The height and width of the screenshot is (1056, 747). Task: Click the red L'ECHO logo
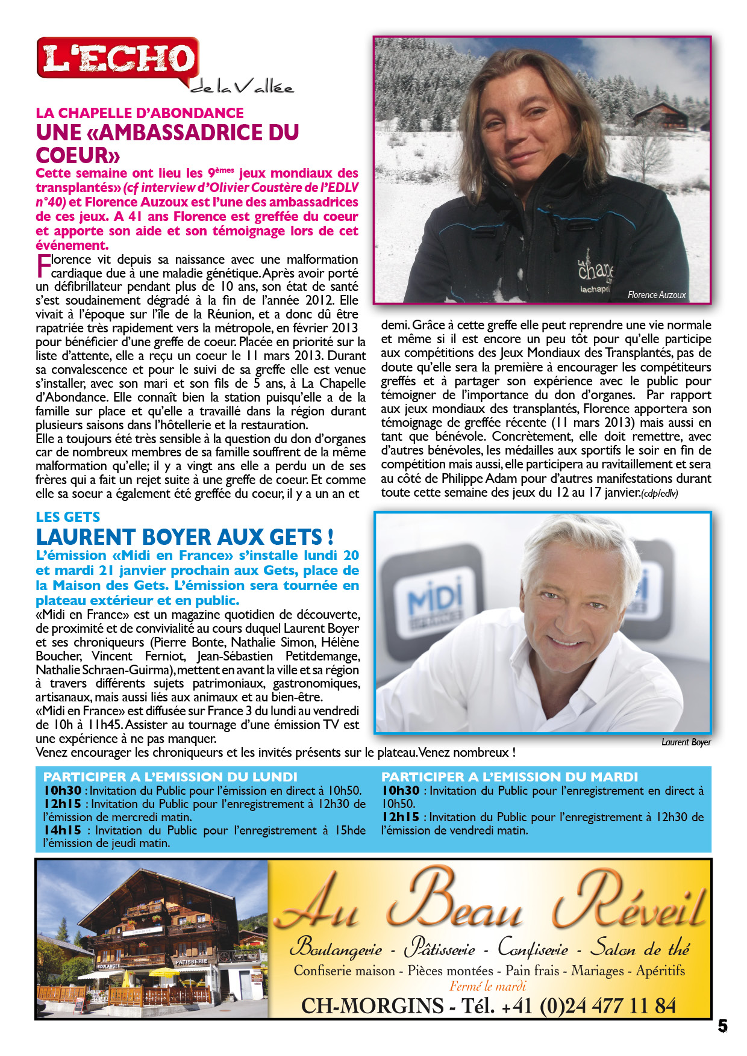[118, 58]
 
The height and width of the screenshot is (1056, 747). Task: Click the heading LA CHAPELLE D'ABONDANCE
[140, 113]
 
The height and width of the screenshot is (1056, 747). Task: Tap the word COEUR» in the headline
[78, 155]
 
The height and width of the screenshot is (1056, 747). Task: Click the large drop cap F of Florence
[43, 266]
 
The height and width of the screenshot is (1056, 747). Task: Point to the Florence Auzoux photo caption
[657, 295]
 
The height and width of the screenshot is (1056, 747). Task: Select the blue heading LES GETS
[68, 517]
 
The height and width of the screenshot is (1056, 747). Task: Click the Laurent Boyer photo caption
[686, 742]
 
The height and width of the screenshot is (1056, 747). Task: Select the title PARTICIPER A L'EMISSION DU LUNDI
[170, 777]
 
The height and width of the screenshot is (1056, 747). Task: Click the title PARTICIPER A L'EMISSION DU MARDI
[509, 777]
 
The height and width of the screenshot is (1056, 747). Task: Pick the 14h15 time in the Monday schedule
[62, 830]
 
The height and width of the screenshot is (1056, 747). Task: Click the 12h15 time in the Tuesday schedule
[400, 817]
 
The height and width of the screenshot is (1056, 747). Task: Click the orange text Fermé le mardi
[487, 986]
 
